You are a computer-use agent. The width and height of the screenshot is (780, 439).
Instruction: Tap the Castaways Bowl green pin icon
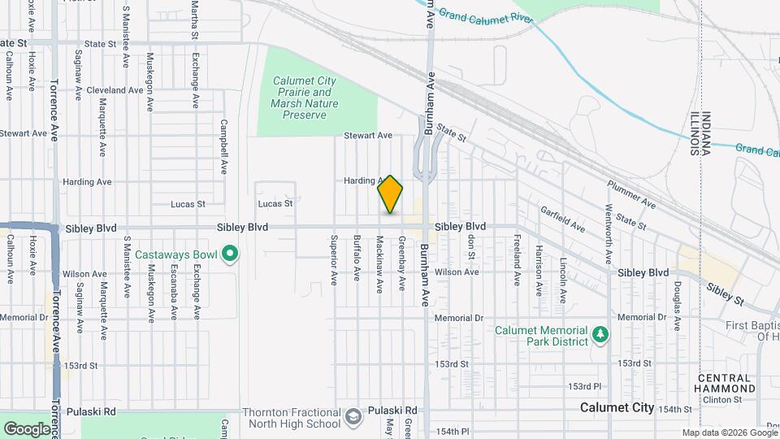230,255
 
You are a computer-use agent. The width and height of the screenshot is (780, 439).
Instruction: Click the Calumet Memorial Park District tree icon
600,334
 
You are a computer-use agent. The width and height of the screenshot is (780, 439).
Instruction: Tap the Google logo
26,428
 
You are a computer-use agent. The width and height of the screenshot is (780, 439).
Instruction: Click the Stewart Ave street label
367,136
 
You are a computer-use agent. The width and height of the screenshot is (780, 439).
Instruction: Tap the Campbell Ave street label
223,148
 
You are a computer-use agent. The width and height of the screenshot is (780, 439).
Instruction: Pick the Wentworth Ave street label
608,234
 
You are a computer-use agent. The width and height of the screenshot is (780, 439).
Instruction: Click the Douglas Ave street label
676,301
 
